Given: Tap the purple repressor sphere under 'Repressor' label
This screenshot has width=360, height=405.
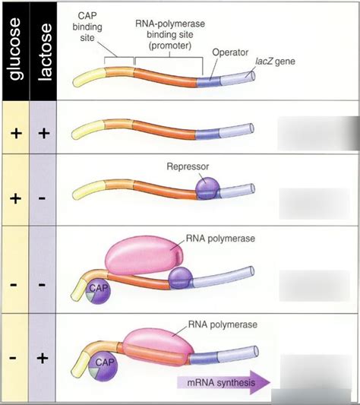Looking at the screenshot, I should pos(207,188).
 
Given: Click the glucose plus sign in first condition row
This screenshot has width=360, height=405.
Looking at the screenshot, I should pos(15,132).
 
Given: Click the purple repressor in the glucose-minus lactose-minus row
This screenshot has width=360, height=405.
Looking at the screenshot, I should pos(180,277).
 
